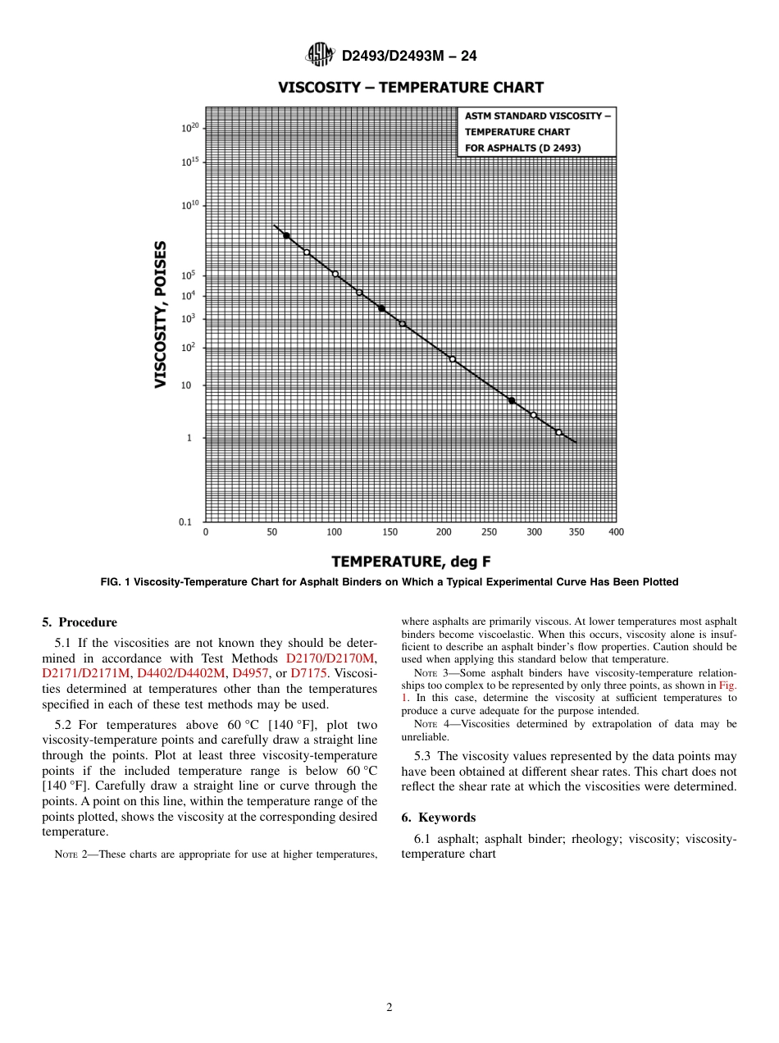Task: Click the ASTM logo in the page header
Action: [319, 55]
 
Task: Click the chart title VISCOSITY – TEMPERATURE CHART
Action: [410, 87]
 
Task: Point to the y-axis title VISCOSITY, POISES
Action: [162, 314]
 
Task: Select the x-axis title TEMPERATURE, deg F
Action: [411, 561]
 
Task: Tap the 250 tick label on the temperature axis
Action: [489, 532]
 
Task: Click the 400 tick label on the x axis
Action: [616, 532]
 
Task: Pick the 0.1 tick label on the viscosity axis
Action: [185, 521]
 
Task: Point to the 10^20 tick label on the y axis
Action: [190, 128]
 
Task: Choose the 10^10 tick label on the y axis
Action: [190, 205]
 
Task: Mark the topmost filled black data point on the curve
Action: [286, 235]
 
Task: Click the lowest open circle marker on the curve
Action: [559, 432]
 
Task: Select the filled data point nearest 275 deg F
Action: [512, 400]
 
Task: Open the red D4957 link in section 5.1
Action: [250, 673]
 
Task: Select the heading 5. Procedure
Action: [79, 622]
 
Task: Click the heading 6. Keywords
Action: [438, 818]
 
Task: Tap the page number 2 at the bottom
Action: [389, 1008]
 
